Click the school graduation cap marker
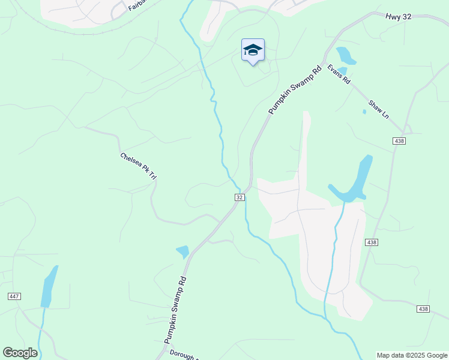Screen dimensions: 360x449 (253, 50)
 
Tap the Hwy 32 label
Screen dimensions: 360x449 (399, 17)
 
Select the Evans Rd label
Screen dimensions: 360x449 (339, 74)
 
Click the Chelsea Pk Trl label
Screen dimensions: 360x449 (139, 166)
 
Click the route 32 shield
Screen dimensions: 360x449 (239, 197)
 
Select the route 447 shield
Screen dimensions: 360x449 (15, 296)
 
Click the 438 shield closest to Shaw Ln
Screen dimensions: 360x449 (399, 140)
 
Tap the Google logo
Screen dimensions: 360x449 (20, 353)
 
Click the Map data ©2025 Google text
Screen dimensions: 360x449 (412, 355)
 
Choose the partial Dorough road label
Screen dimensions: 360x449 (182, 355)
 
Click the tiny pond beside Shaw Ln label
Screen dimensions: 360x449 (364, 111)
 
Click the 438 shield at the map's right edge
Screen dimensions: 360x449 (423, 308)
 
